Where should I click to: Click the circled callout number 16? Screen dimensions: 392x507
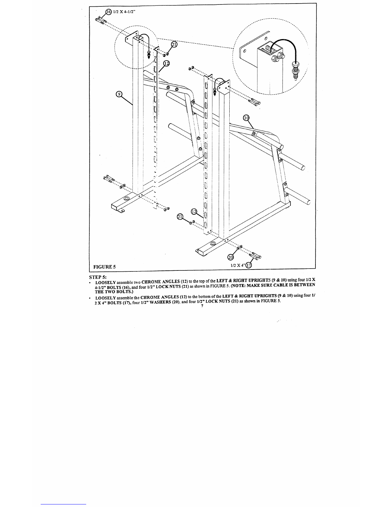point(109,12)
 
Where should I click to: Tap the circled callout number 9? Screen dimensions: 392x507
point(119,94)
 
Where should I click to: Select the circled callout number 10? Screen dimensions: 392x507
point(246,118)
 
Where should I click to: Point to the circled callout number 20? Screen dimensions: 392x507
point(231,257)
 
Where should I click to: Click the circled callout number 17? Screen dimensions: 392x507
point(249,265)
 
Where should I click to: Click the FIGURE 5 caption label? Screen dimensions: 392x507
point(104,267)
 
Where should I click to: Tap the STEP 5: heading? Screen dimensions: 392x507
point(98,277)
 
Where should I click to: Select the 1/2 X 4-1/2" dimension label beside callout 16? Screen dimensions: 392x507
point(124,12)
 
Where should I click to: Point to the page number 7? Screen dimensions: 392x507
point(202,306)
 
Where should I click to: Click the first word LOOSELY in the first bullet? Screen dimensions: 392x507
point(106,282)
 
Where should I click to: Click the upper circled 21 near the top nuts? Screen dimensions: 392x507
point(174,44)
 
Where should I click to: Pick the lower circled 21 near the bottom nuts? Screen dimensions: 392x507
point(180,217)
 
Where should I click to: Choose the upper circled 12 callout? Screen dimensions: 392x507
point(167,63)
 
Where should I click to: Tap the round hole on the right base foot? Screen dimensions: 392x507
point(213,244)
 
